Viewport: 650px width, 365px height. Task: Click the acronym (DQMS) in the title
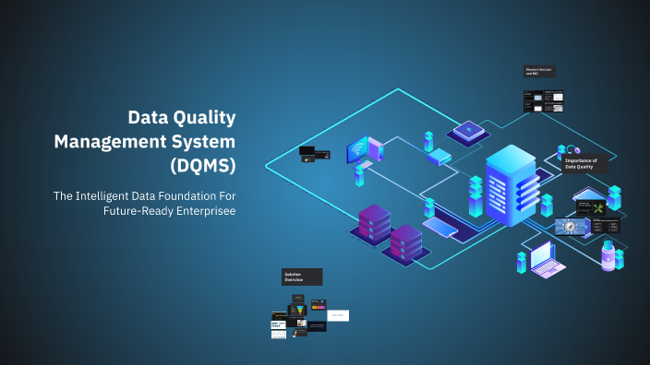pos(202,166)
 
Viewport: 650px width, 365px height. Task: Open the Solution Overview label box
pos(302,277)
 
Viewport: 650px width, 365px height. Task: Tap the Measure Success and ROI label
pos(539,71)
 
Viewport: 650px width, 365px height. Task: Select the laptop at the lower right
pos(548,259)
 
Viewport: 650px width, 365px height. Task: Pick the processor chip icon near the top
pos(472,130)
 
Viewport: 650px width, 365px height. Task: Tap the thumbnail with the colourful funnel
pos(298,310)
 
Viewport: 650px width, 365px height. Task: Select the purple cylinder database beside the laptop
pos(608,253)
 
